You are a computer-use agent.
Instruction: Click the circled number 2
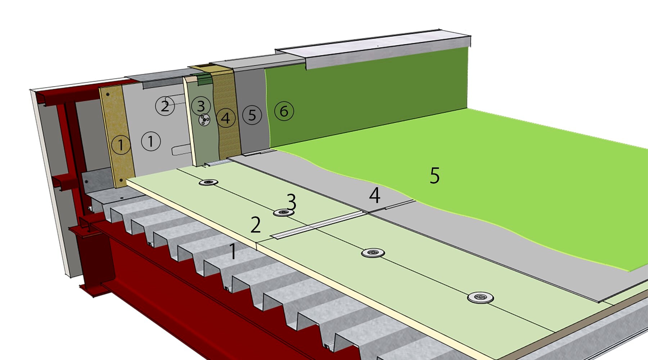pos(165,106)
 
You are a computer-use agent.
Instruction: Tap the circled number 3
pos(201,105)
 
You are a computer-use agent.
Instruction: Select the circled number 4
pos(226,118)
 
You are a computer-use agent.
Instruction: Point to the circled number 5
pos(252,115)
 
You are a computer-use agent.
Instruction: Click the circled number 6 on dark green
pos(284,111)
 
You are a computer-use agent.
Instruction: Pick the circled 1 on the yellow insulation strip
pos(121,145)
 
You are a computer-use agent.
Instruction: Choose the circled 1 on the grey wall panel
pos(151,141)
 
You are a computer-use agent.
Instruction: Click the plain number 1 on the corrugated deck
pos(233,251)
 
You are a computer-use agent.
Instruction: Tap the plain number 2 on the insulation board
pos(256,225)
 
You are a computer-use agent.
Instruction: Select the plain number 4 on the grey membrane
pos(375,195)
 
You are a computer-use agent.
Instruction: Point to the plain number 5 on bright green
pos(435,176)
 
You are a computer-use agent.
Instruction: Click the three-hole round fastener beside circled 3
pos(204,120)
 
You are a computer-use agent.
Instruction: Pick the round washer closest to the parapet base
pos(208,182)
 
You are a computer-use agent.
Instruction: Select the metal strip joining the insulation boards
pos(317,225)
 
